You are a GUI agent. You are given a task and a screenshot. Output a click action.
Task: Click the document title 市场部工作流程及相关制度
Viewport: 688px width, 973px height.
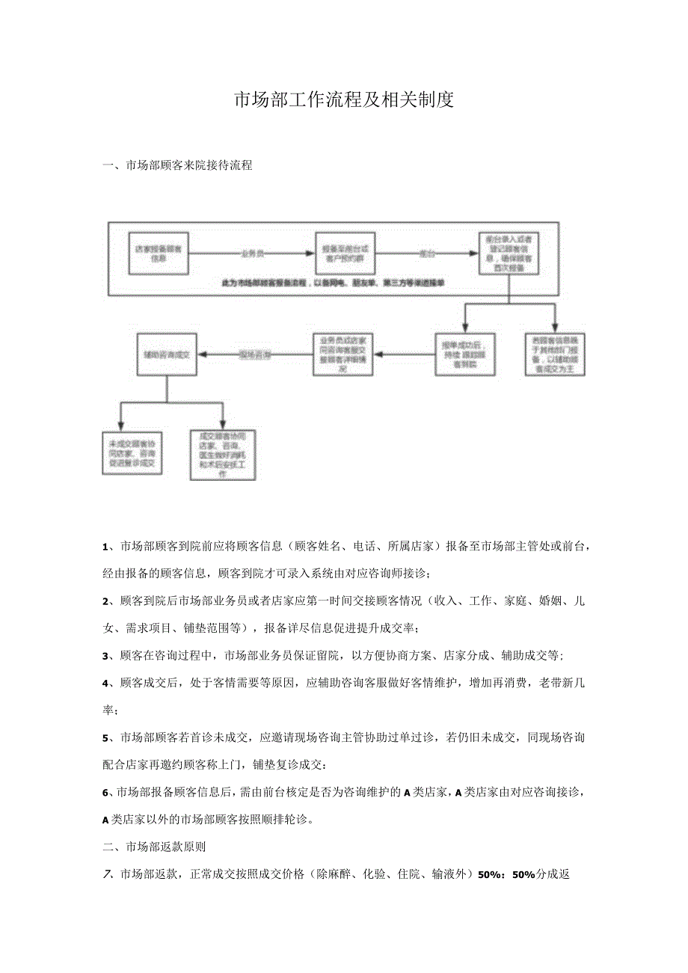344,99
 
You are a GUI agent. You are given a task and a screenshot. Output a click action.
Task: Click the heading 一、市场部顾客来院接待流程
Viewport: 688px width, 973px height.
177,165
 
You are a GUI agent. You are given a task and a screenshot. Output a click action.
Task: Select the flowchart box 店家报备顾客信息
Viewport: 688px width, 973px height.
158,253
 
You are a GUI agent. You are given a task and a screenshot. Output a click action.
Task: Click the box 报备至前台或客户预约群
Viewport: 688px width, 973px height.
345,253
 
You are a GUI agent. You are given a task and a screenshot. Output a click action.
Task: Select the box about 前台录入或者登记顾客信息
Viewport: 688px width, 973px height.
509,253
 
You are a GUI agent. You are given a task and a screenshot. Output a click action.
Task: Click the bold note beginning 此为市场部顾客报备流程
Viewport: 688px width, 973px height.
334,283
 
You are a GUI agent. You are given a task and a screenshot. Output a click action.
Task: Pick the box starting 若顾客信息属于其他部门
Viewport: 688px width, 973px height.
554,352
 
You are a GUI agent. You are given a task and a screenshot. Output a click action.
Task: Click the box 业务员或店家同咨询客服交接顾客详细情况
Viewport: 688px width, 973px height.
344,352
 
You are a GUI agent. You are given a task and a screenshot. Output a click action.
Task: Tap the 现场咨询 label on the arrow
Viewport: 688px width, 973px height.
254,352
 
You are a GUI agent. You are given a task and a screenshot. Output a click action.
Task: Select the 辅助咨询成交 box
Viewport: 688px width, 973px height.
167,352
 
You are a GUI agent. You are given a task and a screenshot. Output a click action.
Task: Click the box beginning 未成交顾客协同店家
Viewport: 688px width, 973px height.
133,452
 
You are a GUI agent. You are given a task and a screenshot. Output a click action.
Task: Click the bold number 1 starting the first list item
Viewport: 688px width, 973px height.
105,547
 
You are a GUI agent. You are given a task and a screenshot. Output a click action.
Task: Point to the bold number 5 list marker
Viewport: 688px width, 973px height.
105,738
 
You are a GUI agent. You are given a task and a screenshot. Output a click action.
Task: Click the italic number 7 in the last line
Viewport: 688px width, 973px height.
106,874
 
